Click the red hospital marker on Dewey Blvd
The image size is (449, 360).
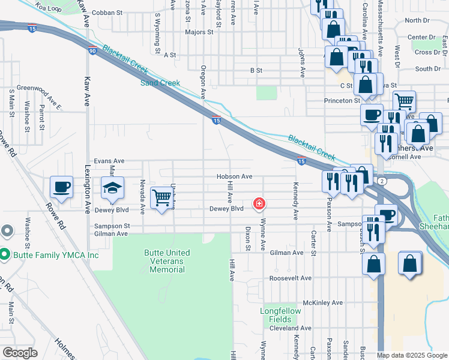click(259, 205)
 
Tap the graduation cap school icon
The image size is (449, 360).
click(112, 189)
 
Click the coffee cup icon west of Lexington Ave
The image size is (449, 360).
click(61, 187)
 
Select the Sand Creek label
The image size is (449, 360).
click(160, 83)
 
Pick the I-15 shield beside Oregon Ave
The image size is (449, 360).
click(215, 120)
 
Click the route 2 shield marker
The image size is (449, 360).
click(381, 180)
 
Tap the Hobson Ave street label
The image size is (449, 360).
click(234, 177)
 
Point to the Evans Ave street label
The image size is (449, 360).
click(109, 161)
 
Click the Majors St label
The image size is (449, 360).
click(199, 32)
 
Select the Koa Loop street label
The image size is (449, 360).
click(49, 7)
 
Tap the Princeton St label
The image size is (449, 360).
click(341, 101)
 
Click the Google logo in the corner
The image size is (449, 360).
click(20, 353)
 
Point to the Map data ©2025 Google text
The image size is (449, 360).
click(412, 355)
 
